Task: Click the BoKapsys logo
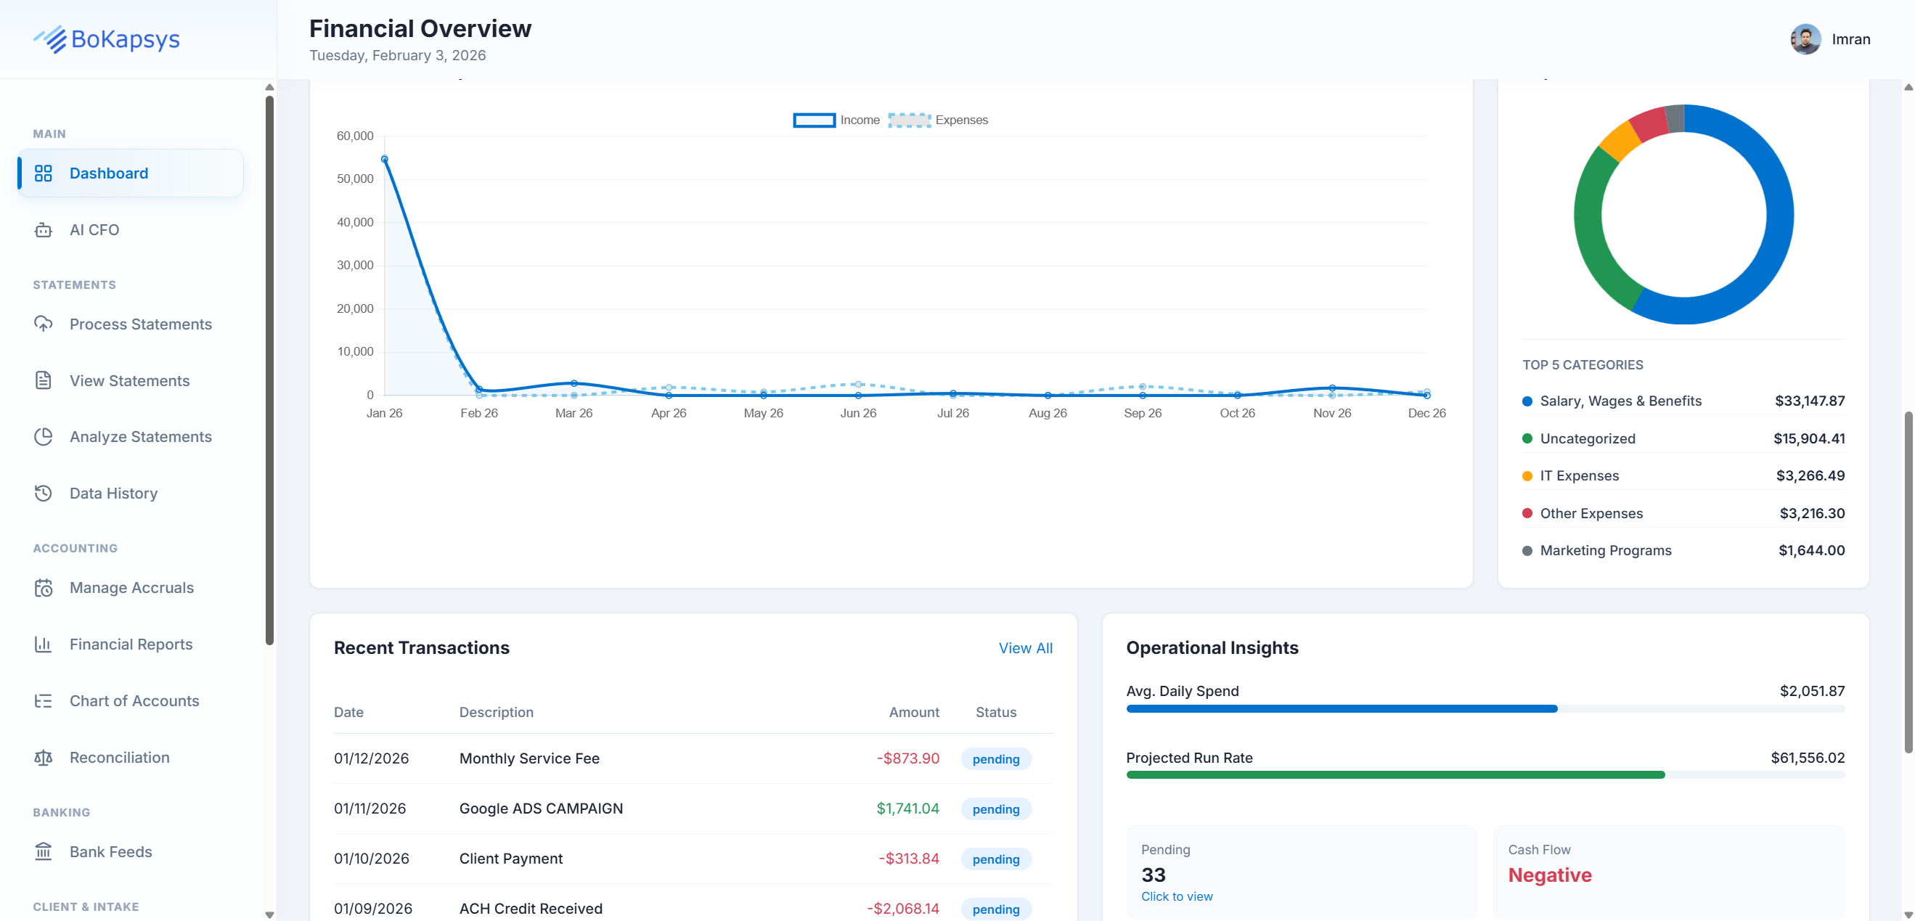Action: (x=106, y=39)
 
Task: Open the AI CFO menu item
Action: (x=94, y=229)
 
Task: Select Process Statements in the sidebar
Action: (x=140, y=324)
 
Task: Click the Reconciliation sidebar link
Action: (x=119, y=758)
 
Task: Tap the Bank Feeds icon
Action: (x=43, y=851)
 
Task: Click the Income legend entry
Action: (x=836, y=120)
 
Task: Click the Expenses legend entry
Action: (x=937, y=120)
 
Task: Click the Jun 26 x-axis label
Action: (x=857, y=413)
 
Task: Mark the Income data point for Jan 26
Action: (x=384, y=159)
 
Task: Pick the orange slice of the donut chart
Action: (x=1619, y=141)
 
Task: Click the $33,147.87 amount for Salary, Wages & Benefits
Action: (x=1809, y=401)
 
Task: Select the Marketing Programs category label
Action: (x=1605, y=550)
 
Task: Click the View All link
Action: (x=1024, y=648)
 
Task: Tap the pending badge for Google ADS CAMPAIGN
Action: (x=995, y=809)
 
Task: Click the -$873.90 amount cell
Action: (x=907, y=758)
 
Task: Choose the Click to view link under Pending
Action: (x=1176, y=896)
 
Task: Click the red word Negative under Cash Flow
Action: (x=1549, y=875)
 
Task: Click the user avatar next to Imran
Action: (x=1804, y=39)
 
